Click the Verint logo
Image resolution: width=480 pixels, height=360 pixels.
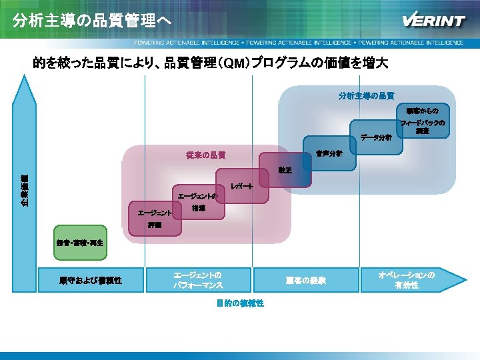click(433, 20)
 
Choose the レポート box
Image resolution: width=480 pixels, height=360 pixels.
click(241, 189)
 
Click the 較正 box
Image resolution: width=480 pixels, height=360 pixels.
click(284, 171)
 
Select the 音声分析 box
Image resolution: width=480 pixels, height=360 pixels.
click(328, 153)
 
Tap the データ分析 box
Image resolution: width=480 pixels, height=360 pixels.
click(375, 138)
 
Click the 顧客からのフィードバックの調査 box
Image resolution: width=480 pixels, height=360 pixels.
click(422, 120)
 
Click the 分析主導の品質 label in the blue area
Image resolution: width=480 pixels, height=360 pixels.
click(365, 95)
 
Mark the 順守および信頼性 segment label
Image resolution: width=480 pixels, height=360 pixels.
click(90, 280)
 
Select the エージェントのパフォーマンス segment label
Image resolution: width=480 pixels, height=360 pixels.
click(198, 280)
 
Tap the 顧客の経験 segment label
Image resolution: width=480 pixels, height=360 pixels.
click(305, 280)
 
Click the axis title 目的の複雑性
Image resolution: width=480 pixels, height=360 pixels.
click(240, 303)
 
